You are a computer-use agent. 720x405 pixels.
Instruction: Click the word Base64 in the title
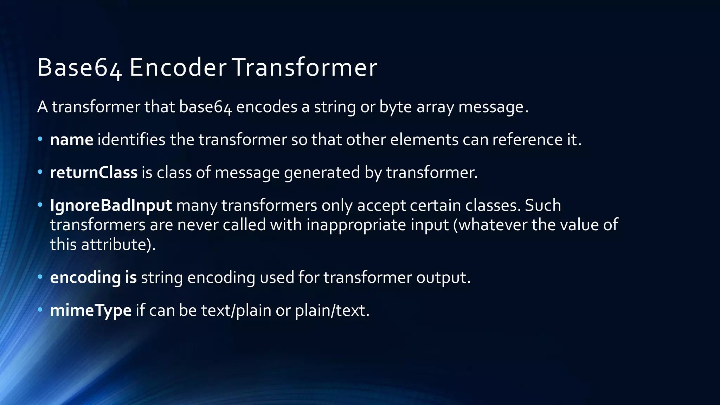point(79,67)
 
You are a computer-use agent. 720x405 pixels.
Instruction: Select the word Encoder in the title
point(178,67)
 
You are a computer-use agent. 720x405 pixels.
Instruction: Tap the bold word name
point(72,140)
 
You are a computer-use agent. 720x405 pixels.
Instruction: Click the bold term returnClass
point(94,173)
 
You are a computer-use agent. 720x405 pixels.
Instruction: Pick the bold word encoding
point(85,278)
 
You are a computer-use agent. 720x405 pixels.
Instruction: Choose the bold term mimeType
point(91,310)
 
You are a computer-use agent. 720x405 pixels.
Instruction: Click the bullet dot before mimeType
point(40,310)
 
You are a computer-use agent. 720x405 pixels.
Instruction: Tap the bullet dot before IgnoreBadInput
point(40,205)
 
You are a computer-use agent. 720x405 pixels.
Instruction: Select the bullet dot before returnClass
point(40,172)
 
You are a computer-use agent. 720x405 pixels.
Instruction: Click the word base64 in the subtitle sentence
point(206,107)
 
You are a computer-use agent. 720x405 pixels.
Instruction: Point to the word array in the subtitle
point(435,107)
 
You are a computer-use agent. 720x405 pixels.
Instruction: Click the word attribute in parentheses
point(114,245)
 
